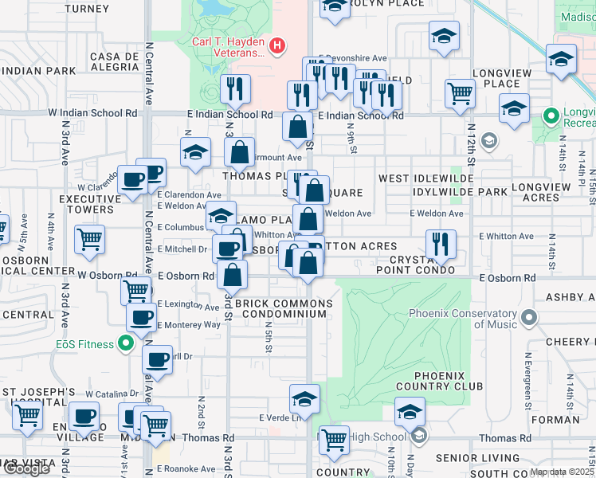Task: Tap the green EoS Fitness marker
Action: tap(125, 344)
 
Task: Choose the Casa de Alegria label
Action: tap(115, 63)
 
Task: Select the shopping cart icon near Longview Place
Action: tap(461, 92)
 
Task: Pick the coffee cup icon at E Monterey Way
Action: tap(142, 318)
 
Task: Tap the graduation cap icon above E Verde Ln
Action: tap(304, 398)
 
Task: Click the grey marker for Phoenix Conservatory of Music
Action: tap(527, 319)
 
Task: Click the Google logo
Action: tap(26, 468)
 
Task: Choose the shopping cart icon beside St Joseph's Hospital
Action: tap(28, 414)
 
